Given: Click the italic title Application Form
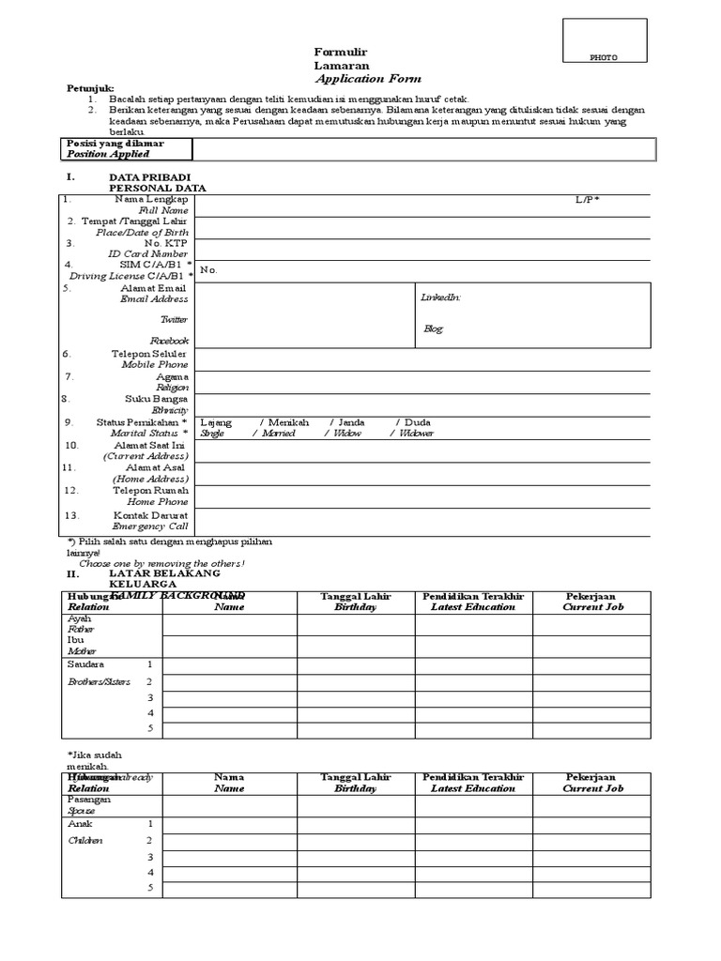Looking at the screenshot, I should click(x=368, y=79).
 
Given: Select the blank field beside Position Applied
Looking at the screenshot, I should click(x=421, y=148).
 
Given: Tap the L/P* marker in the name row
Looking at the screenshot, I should click(x=588, y=200).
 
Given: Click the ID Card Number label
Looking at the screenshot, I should click(x=148, y=253).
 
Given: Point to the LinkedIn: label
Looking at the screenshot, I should click(x=440, y=297).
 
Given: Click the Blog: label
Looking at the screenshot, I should click(x=433, y=329).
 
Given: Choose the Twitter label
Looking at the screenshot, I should click(x=174, y=319).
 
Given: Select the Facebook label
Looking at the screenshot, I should click(x=169, y=340).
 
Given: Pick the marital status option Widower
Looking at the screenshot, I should click(x=416, y=434).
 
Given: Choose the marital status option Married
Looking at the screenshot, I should click(x=279, y=434).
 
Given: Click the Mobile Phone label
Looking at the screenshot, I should click(x=155, y=364).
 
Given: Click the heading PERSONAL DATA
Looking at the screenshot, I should click(x=158, y=188).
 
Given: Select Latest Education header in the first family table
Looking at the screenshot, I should click(x=473, y=607).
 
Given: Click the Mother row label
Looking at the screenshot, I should click(x=81, y=650).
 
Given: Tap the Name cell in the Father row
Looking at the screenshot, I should click(x=229, y=625).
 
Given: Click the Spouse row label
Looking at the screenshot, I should click(x=81, y=811).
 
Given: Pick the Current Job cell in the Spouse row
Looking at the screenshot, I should click(x=591, y=805).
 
